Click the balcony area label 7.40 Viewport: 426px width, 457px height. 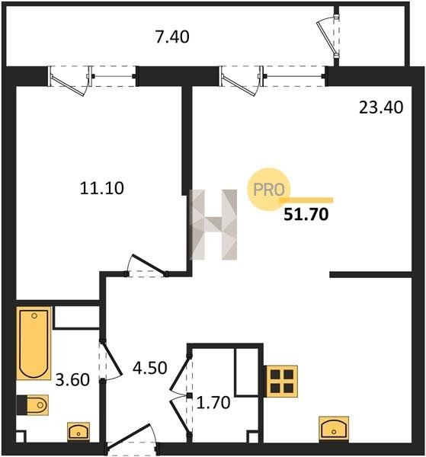click(172, 37)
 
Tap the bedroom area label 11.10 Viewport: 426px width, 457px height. click(102, 188)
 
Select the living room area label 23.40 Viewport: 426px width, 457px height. click(381, 107)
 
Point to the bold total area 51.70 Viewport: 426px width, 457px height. click(306, 215)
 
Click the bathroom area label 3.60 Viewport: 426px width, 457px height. click(72, 380)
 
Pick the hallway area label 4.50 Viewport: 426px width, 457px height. click(150, 368)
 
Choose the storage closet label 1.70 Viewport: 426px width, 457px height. click(213, 403)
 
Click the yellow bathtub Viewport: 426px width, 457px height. click(34, 344)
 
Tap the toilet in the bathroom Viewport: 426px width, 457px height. click(33, 405)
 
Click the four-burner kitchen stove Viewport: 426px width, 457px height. click(282, 382)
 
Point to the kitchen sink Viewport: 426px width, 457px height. click(334, 428)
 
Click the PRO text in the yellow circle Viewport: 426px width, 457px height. click(268, 190)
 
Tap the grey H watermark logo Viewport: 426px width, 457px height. click(213, 225)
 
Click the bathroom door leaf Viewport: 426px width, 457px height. click(112, 357)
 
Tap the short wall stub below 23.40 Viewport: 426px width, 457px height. click(370, 274)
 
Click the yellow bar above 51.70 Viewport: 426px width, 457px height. click(306, 200)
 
